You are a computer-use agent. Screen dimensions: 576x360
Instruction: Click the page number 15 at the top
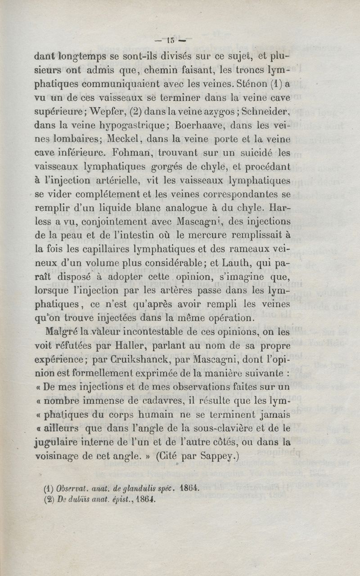click(171, 40)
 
